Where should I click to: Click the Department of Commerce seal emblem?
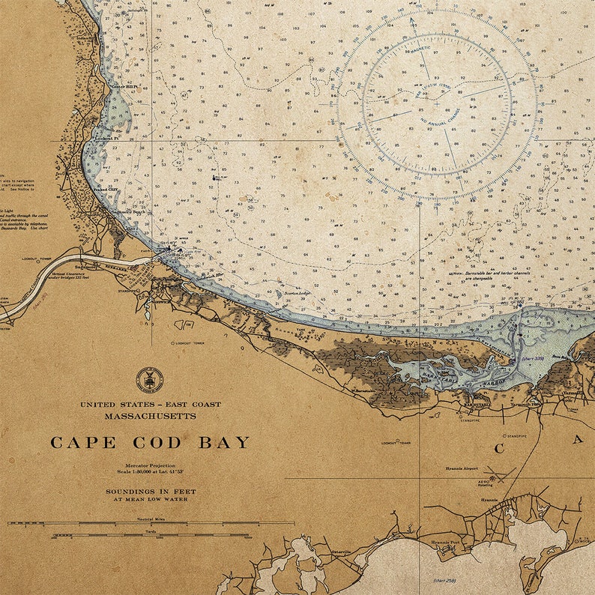pos(149,380)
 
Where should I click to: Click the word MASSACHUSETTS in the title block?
pos(150,416)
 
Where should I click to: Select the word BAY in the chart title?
pos(223,443)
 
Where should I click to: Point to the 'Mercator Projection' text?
pos(150,465)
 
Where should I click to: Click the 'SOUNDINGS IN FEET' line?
pos(150,492)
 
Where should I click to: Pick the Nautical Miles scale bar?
pos(150,522)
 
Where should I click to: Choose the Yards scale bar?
pos(150,535)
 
